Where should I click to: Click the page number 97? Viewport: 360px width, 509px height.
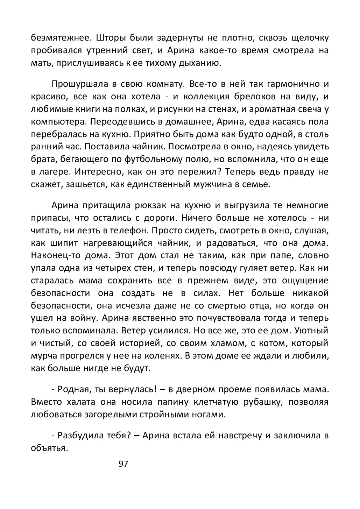tap(123, 464)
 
